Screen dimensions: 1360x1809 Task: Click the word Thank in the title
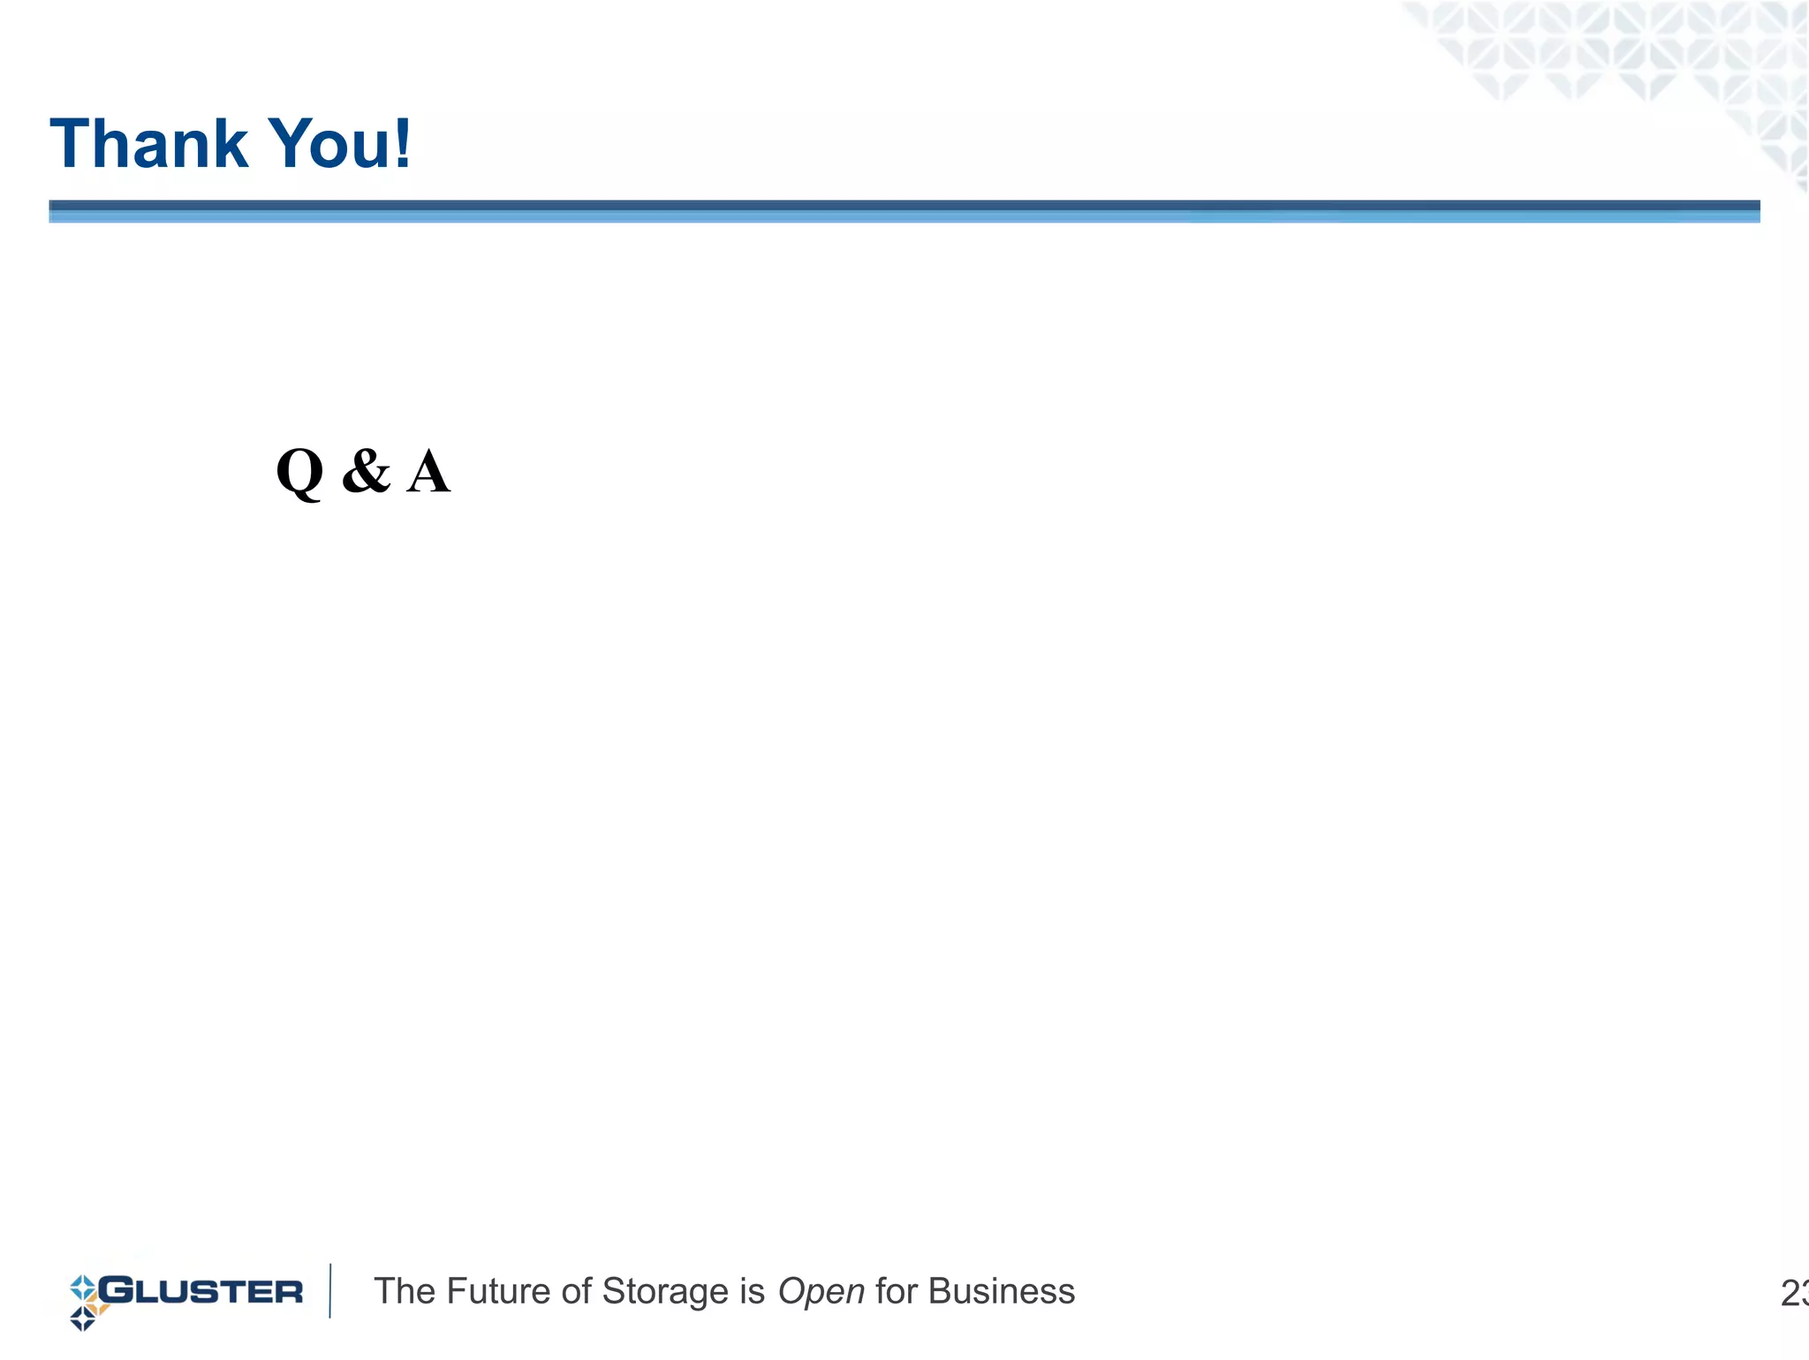148,144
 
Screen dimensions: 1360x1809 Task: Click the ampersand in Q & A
366,471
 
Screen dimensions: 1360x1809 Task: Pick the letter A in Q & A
428,472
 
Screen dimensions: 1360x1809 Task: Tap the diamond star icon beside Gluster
84,1303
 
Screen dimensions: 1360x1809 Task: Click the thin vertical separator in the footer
330,1291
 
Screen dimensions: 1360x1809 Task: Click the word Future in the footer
500,1292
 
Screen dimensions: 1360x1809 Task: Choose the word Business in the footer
1002,1292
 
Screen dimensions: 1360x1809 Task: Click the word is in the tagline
752,1292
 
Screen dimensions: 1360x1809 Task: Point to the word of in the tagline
577,1292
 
